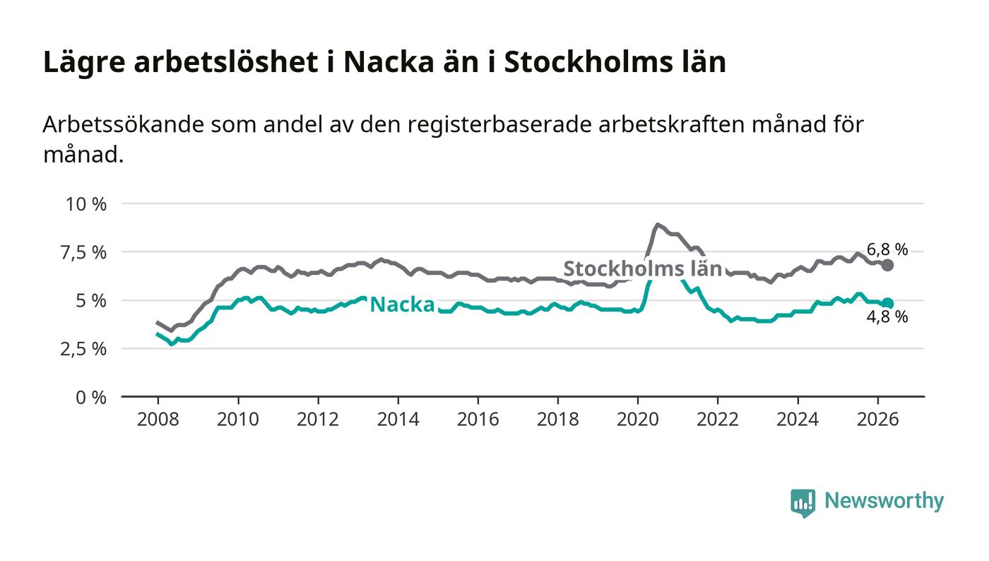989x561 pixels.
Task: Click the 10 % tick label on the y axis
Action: click(x=86, y=204)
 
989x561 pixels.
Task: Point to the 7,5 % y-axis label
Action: click(x=83, y=253)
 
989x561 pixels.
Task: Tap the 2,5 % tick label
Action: click(x=83, y=350)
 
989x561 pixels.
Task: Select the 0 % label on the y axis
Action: click(x=91, y=398)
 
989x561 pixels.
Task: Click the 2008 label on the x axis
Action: click(x=158, y=419)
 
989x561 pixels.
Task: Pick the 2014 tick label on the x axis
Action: click(x=398, y=419)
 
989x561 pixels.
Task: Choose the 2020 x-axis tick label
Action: click(x=637, y=419)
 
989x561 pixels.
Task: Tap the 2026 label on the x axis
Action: click(x=877, y=419)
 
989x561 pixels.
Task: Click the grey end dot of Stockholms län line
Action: click(x=887, y=265)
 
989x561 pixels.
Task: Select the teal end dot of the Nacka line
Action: click(x=887, y=303)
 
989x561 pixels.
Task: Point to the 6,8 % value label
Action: click(x=887, y=250)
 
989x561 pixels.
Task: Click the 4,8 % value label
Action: click(x=887, y=317)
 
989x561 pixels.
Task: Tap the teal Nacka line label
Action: click(x=402, y=305)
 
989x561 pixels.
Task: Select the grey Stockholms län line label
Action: click(x=642, y=268)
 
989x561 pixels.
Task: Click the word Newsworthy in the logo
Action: click(x=884, y=500)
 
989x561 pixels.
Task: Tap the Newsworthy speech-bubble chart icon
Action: click(x=803, y=503)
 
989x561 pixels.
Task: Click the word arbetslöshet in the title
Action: click(x=225, y=62)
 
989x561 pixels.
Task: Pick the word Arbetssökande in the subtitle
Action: click(x=123, y=124)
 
